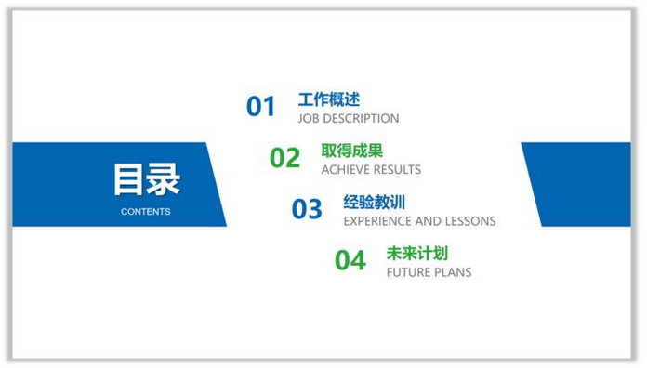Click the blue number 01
[261, 107]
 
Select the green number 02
[285, 158]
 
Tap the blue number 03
[307, 209]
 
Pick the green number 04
[350, 261]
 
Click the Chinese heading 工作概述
[328, 99]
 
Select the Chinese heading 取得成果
[351, 151]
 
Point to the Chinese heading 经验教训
[374, 202]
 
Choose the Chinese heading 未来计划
[417, 253]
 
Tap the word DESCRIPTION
[363, 119]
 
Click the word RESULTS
[398, 170]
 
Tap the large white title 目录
[146, 179]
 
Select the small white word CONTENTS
[146, 212]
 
